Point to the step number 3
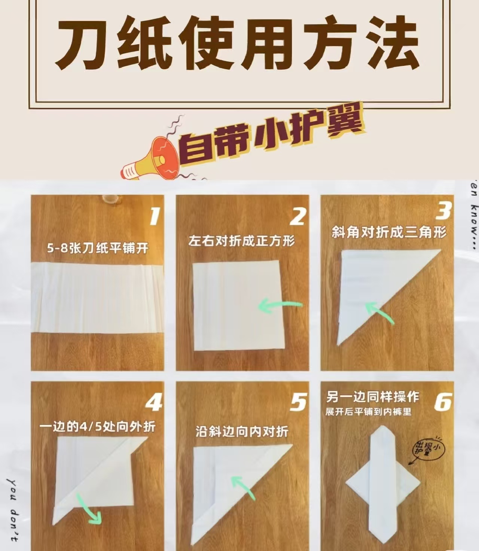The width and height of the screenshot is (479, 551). (x=443, y=211)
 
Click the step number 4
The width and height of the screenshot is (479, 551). (x=153, y=404)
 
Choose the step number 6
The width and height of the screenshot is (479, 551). (x=443, y=402)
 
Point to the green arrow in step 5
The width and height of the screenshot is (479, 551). (x=243, y=487)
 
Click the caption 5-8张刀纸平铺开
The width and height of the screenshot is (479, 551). (x=98, y=248)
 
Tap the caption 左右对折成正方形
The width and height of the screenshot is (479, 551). (x=242, y=241)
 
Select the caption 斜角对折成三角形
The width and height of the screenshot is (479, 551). (x=389, y=232)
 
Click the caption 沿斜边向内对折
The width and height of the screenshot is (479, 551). (x=242, y=432)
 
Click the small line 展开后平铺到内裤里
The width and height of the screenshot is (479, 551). (x=368, y=412)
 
